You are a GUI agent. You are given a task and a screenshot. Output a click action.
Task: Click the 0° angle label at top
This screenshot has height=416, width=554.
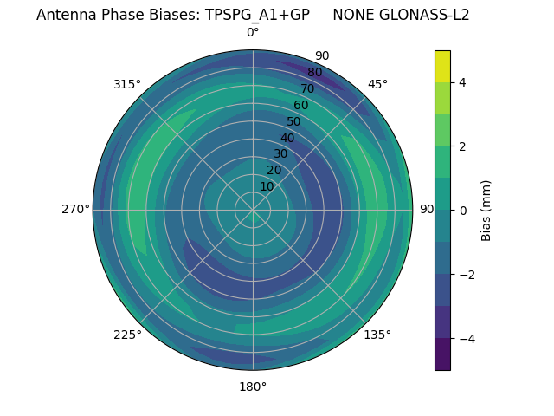[x=253, y=33]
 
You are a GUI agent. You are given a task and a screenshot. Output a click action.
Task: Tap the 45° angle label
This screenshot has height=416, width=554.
[x=377, y=84]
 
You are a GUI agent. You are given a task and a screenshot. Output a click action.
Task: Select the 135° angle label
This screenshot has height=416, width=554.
[x=377, y=335]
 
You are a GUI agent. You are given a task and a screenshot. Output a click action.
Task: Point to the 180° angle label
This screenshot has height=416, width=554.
[x=253, y=387]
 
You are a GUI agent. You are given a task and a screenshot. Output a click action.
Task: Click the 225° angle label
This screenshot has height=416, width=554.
[x=127, y=335]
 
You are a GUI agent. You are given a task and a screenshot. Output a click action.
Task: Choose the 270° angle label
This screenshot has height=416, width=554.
[x=75, y=209]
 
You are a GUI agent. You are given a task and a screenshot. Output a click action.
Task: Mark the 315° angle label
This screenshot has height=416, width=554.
[x=127, y=84]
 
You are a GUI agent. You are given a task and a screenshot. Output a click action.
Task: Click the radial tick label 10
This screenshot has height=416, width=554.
[x=267, y=186]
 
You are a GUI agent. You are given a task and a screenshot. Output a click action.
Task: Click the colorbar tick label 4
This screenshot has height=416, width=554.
[x=462, y=82]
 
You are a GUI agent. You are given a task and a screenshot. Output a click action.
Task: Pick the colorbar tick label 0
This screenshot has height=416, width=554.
[x=462, y=210]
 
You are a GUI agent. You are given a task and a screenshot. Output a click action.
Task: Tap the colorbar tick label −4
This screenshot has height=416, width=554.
[x=465, y=338]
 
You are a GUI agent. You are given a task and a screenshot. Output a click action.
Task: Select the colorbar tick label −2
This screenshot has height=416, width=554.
[x=465, y=274]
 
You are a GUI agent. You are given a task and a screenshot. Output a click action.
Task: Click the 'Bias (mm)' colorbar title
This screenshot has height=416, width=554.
[x=486, y=210]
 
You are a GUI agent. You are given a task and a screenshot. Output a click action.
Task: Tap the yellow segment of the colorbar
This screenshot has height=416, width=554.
[x=442, y=66]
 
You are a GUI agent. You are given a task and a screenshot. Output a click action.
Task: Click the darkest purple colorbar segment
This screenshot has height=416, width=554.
[x=442, y=354]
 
